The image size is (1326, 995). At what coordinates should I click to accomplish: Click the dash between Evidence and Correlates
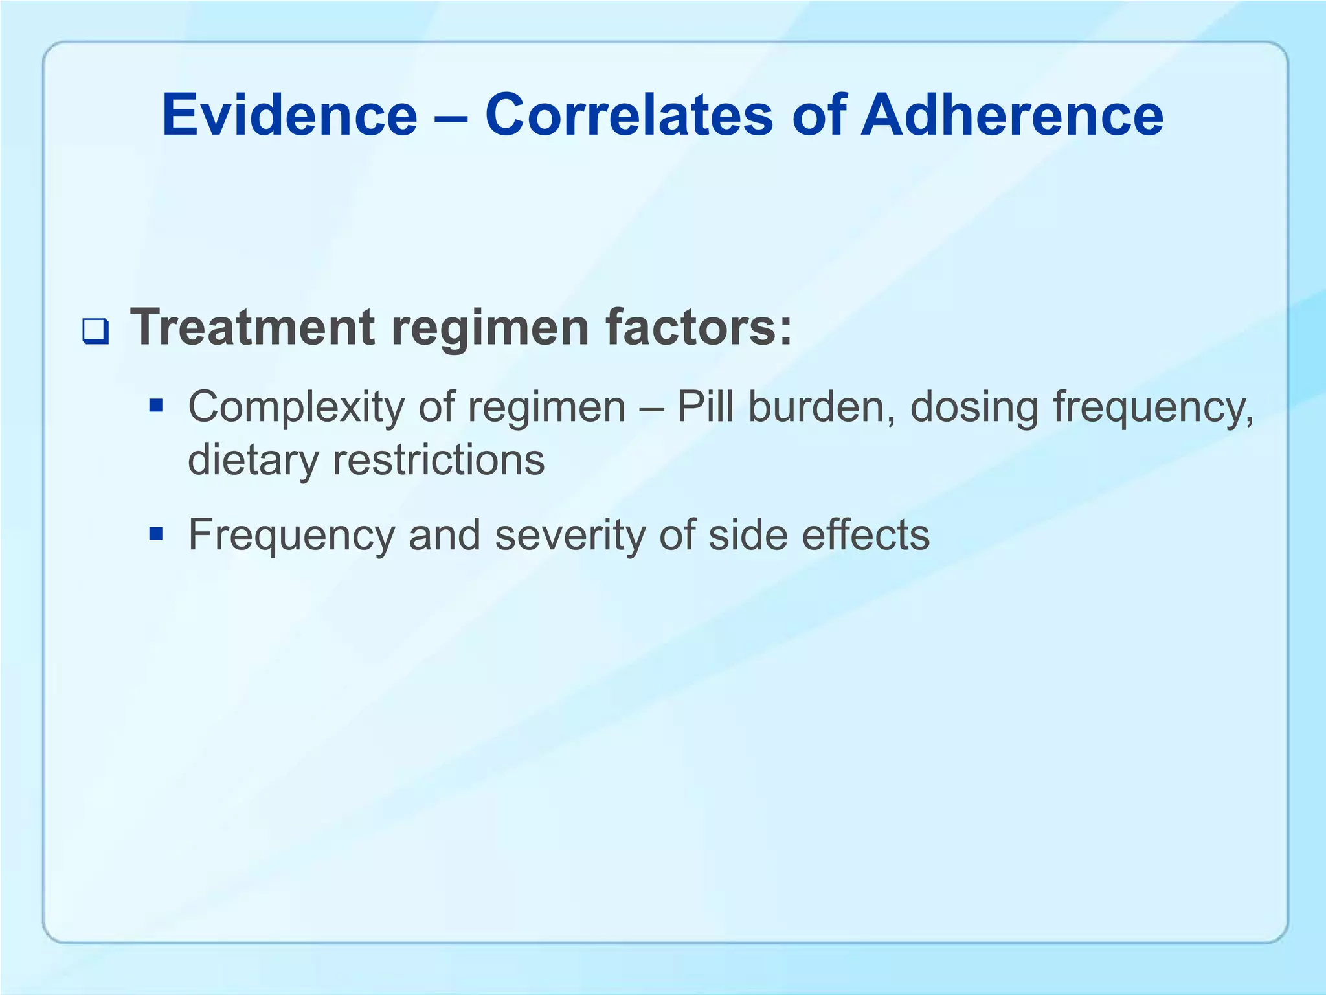tap(451, 117)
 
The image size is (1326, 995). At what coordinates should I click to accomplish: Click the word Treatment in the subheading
tap(253, 327)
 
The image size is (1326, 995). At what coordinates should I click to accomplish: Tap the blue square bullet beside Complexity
tap(155, 406)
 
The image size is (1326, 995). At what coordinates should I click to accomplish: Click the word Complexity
tap(295, 408)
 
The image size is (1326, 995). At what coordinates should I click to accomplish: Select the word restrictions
tap(438, 459)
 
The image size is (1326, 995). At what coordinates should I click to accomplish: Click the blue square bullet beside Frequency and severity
tap(155, 534)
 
